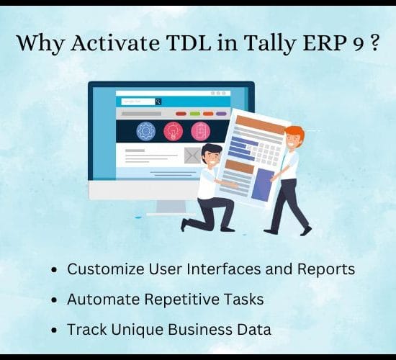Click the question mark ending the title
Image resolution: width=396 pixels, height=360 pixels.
click(375, 42)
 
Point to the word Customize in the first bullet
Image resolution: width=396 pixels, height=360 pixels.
click(106, 269)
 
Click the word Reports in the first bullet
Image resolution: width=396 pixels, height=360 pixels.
click(325, 269)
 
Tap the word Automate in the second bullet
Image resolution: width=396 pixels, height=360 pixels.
click(103, 299)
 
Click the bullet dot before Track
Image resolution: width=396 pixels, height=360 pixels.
click(54, 330)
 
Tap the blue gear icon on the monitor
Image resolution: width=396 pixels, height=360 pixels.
click(145, 131)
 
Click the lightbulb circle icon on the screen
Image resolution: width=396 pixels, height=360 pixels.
click(173, 131)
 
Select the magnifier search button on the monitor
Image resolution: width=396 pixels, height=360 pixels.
click(158, 102)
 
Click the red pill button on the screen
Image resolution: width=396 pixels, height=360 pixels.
click(181, 114)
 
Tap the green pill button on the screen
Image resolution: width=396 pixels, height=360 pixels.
click(195, 114)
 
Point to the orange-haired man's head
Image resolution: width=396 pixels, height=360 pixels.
click(294, 137)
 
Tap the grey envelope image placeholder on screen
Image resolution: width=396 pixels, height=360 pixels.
click(193, 156)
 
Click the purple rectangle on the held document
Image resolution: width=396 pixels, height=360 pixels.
click(263, 185)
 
